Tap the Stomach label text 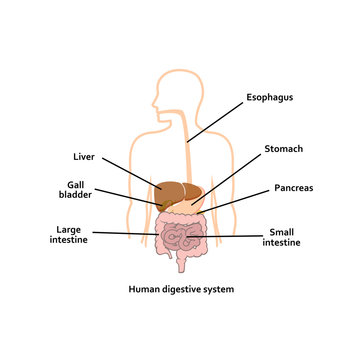tap(283, 148)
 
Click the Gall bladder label tap(76, 190)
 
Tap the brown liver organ tap(172, 193)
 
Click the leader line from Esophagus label tap(214, 120)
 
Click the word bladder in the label tap(76, 196)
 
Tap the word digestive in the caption tap(183, 289)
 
